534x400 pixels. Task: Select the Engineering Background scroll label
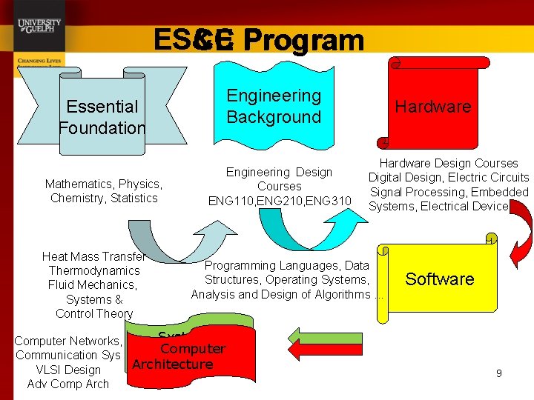click(x=274, y=106)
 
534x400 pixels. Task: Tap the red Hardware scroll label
click(x=433, y=107)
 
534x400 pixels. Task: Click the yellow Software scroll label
click(x=440, y=279)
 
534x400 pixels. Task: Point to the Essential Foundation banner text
click(x=102, y=117)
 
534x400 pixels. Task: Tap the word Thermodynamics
click(x=94, y=271)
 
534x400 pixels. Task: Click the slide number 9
click(x=499, y=373)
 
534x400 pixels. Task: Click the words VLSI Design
click(x=68, y=370)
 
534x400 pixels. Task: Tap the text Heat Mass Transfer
click(x=93, y=256)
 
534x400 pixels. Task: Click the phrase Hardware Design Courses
click(x=449, y=163)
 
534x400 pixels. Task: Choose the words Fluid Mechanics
click(x=93, y=285)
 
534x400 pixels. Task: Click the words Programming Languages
click(x=263, y=265)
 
